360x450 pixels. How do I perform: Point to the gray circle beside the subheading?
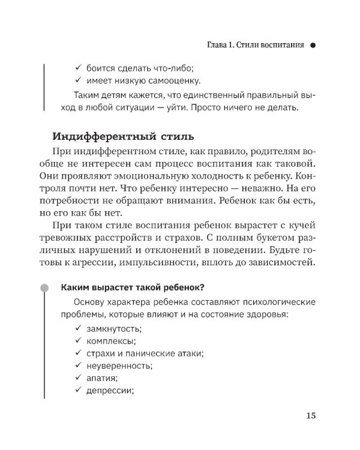[44, 287]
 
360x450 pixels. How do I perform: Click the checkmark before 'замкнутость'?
[79, 329]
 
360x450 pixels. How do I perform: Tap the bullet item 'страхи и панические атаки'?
[142, 353]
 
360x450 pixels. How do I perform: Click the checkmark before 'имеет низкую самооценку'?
[79, 80]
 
